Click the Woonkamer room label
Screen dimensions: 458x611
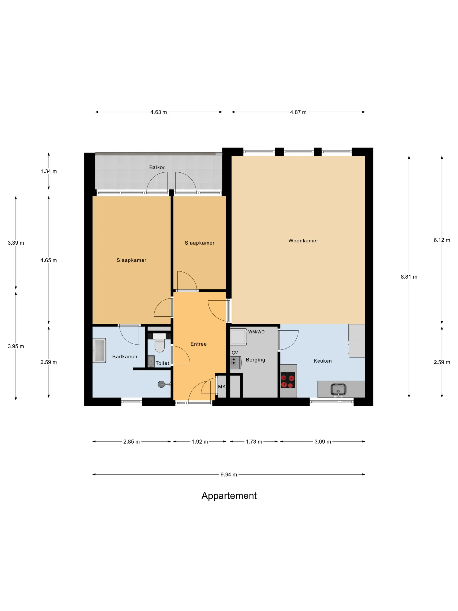[x=303, y=241]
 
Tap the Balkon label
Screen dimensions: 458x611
[x=157, y=167]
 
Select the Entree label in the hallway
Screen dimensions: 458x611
[x=198, y=344]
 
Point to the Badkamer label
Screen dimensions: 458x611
[x=125, y=357]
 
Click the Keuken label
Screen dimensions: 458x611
[x=322, y=361]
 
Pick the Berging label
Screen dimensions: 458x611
[x=255, y=360]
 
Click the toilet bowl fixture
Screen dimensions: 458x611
[x=159, y=343]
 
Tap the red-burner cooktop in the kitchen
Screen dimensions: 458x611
[x=288, y=380]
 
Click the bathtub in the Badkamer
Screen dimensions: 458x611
[x=99, y=350]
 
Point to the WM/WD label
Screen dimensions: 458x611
[x=256, y=332]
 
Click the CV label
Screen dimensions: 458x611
[x=235, y=353]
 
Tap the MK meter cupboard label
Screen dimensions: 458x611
[x=222, y=387]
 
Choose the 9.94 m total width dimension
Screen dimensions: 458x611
[x=229, y=475]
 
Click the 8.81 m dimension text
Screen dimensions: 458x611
[x=409, y=277]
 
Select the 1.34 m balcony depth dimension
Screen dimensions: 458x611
[x=49, y=171]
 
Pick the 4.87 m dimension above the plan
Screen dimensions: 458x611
[x=298, y=112]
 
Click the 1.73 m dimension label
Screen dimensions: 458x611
[x=254, y=442]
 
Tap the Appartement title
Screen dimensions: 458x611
[x=229, y=496]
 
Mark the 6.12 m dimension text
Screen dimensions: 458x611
[x=442, y=240]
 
